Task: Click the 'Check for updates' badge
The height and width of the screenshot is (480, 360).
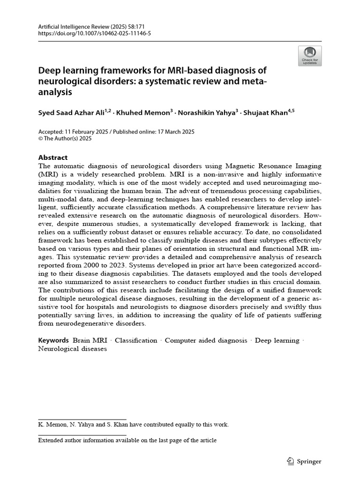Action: click(309, 56)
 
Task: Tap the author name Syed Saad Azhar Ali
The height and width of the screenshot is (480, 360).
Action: click(74, 112)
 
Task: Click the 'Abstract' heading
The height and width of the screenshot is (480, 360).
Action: click(52, 157)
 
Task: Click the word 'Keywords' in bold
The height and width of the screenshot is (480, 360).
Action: click(53, 340)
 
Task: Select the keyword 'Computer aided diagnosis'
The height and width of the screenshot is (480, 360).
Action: click(206, 340)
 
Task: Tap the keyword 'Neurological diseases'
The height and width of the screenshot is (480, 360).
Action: click(72, 349)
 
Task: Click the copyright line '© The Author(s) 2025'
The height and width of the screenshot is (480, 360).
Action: click(65, 139)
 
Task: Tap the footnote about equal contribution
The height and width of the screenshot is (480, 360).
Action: click(133, 425)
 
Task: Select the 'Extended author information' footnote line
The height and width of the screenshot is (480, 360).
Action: click(127, 440)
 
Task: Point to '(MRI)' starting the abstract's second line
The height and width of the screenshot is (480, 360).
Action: click(47, 174)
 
